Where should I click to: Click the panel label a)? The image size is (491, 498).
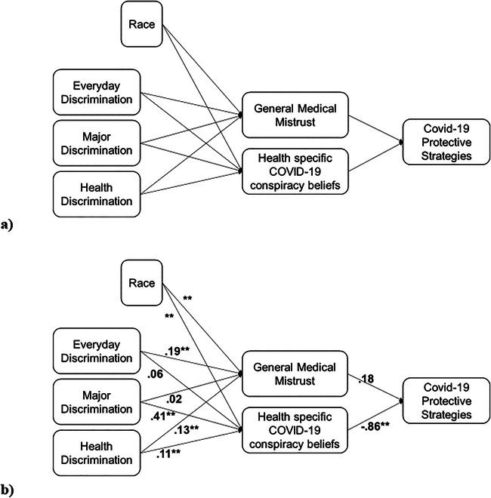pos(8,223)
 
